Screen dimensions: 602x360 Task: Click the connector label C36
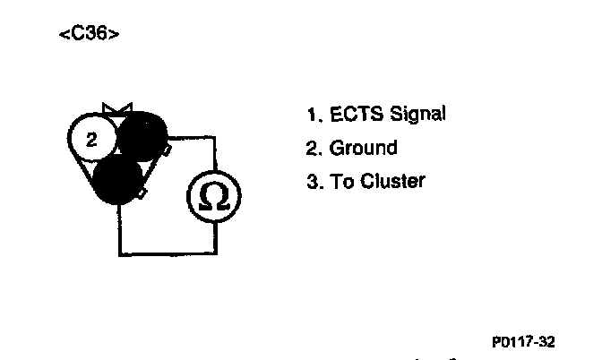pos(89,34)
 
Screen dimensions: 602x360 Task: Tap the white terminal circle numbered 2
pos(90,139)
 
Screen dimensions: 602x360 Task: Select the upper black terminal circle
pos(143,136)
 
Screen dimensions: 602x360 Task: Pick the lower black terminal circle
pos(118,179)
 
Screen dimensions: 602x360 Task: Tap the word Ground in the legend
pos(363,148)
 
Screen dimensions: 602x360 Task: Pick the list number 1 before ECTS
pos(311,116)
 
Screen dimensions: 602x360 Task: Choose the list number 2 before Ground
pos(312,148)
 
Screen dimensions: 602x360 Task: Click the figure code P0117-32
pos(523,341)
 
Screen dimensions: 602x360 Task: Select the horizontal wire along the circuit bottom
pos(168,254)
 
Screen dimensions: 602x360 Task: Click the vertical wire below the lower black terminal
pos(119,229)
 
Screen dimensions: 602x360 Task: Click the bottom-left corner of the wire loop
pos(119,254)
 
